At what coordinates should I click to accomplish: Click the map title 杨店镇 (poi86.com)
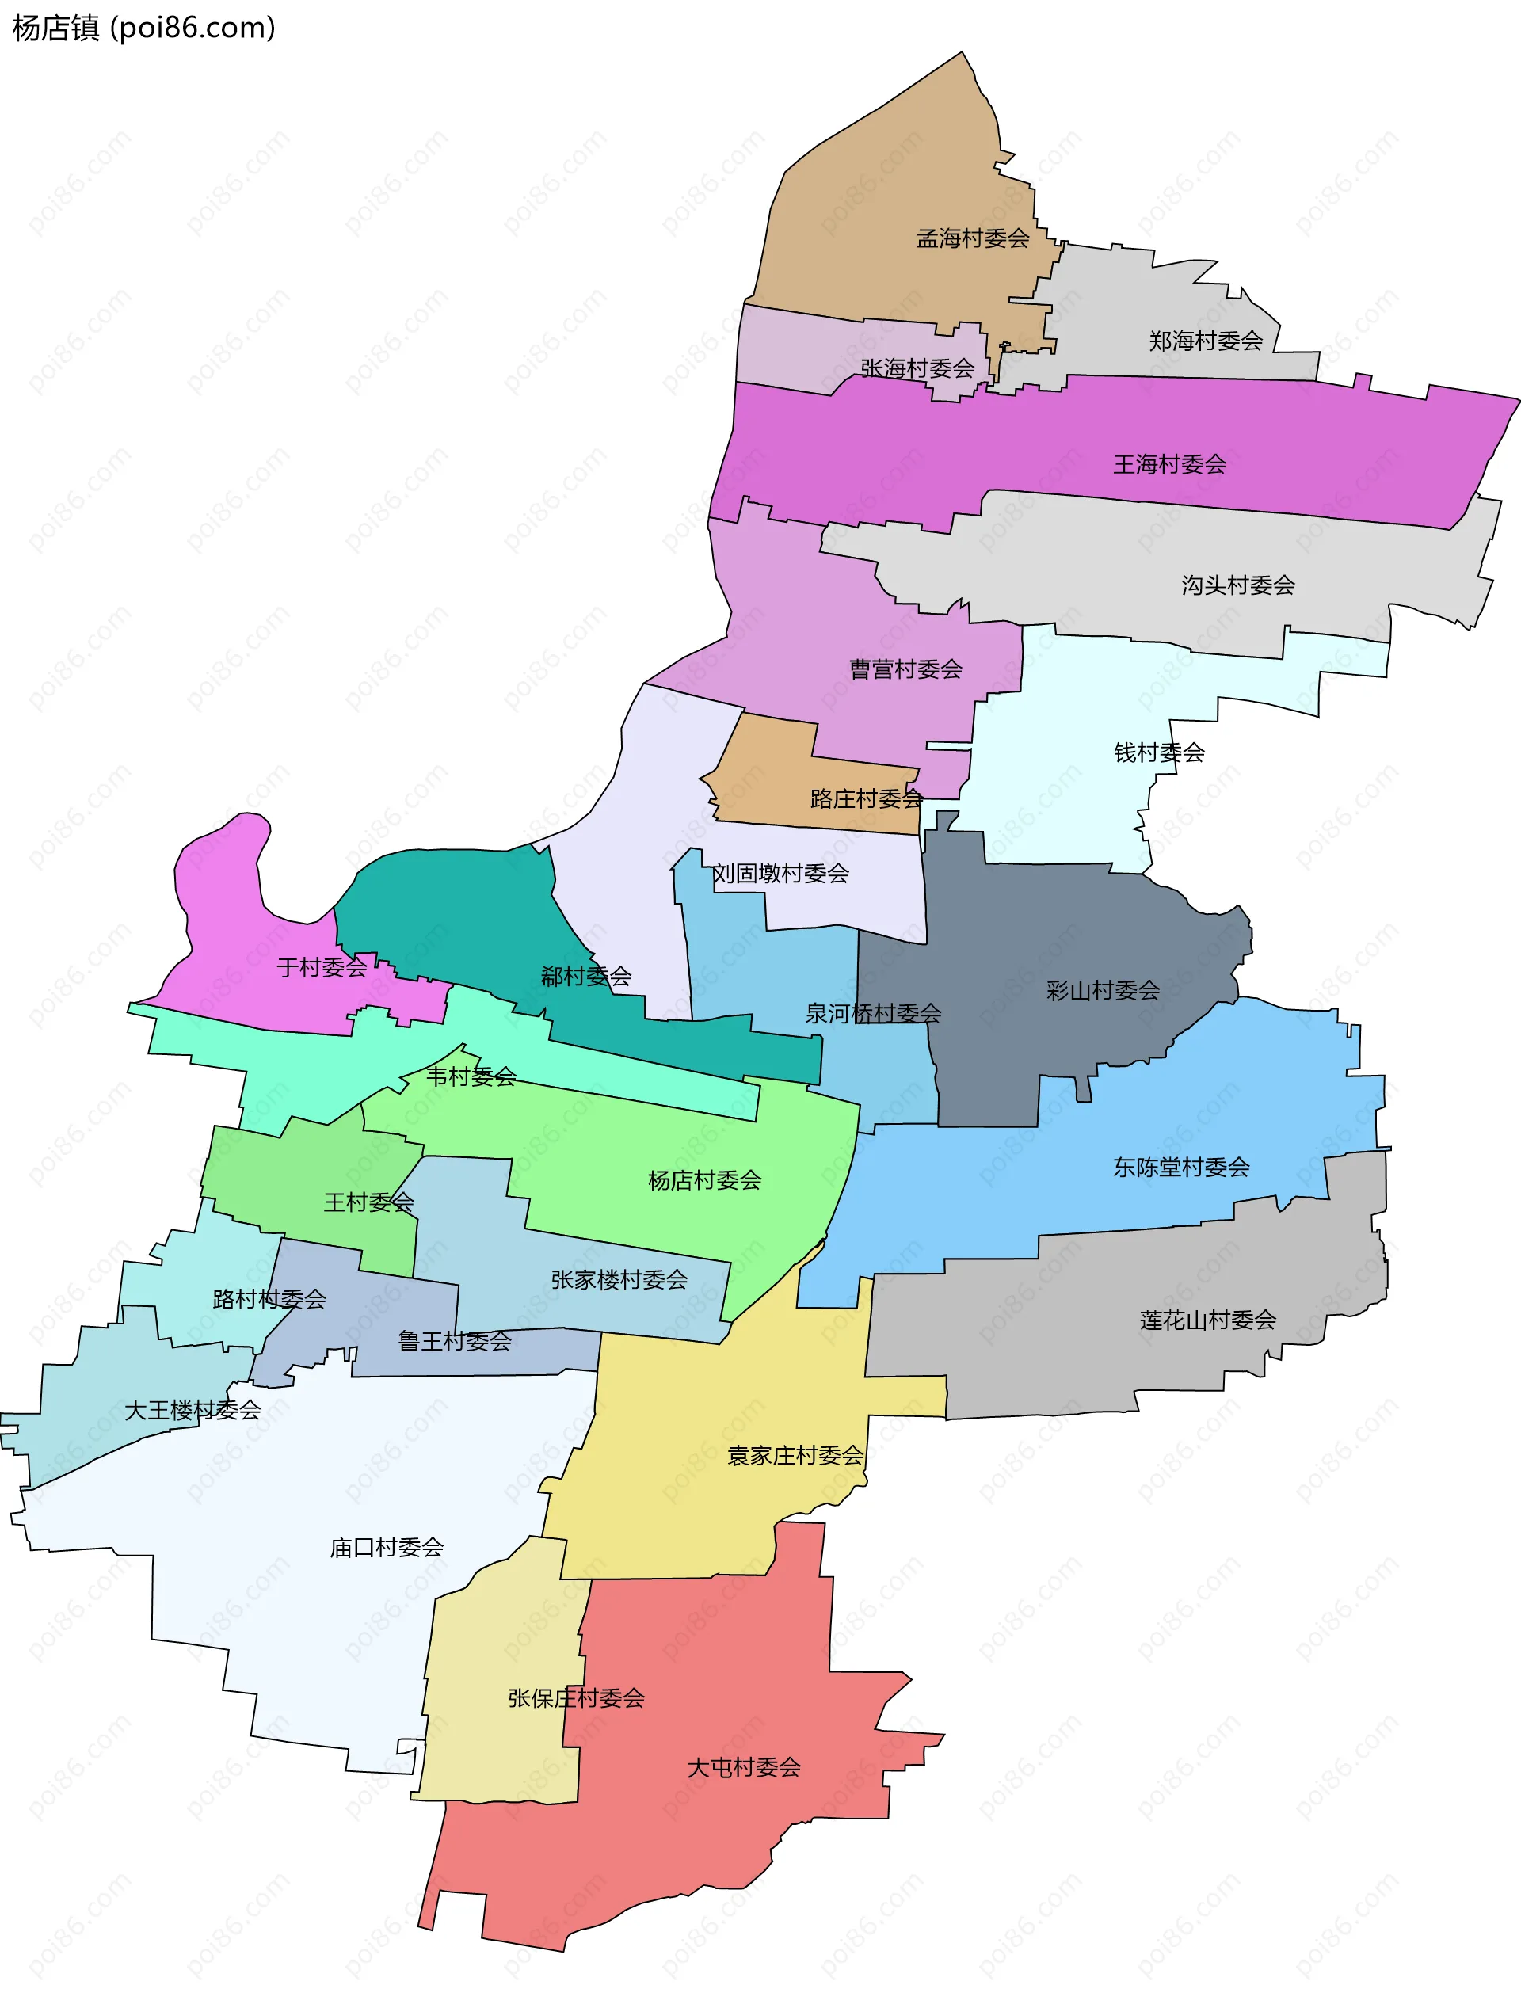(x=143, y=28)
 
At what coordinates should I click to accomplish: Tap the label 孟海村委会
(x=972, y=238)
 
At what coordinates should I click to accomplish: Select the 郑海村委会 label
(x=1205, y=341)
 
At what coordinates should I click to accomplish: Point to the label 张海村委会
(x=917, y=368)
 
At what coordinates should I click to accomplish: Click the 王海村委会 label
(x=1168, y=465)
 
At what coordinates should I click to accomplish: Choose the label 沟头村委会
(x=1237, y=585)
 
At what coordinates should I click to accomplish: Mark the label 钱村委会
(x=1159, y=752)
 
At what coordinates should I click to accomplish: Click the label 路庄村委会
(x=865, y=798)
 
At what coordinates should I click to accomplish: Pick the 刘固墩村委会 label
(x=780, y=874)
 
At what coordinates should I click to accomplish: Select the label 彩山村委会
(x=1103, y=990)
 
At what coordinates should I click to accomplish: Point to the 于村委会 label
(x=322, y=968)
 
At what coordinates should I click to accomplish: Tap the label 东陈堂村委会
(x=1180, y=1167)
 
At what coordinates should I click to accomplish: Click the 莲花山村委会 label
(x=1207, y=1320)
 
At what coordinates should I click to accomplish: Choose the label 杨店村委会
(x=704, y=1180)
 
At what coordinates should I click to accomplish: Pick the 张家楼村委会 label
(x=619, y=1280)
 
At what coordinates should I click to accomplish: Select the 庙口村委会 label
(x=386, y=1548)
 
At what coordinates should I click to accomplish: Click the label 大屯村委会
(x=743, y=1767)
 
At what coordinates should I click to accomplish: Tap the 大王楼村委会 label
(x=192, y=1410)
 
